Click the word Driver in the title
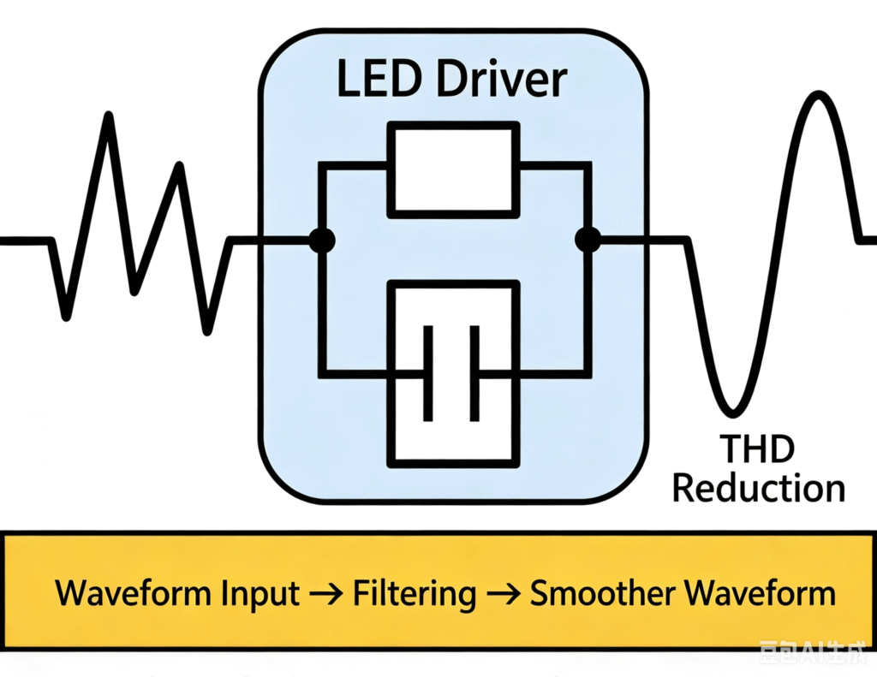point(502,79)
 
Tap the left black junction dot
point(322,241)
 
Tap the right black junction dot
point(588,241)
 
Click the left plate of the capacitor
point(428,373)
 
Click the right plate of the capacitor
point(474,373)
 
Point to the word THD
point(757,449)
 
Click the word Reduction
point(759,488)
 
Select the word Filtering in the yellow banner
point(415,594)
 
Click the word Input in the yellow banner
point(260,594)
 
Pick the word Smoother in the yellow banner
point(602,592)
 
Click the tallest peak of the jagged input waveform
point(109,116)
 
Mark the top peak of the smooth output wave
point(818,94)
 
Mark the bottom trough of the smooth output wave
point(732,413)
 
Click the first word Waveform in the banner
point(134,592)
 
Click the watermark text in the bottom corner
point(814,653)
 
